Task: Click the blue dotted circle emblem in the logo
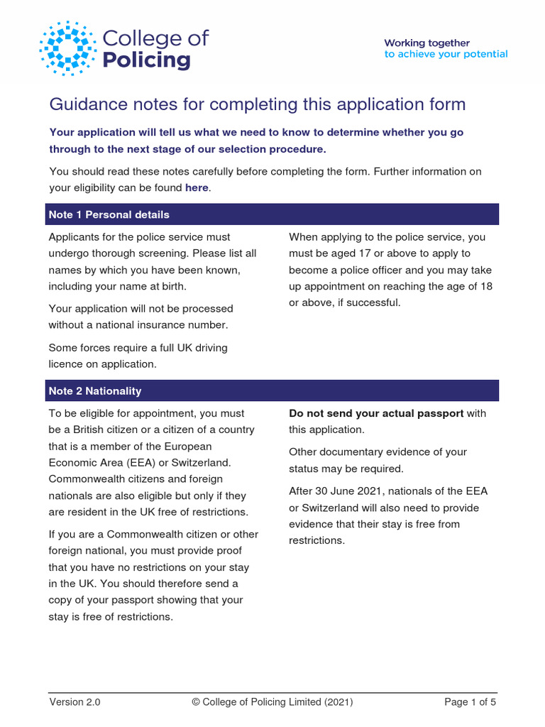click(68, 49)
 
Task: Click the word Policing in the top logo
click(147, 60)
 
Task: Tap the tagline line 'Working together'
click(427, 43)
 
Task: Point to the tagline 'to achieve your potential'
click(446, 55)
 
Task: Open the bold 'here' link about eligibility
click(197, 188)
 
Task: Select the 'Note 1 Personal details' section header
click(109, 214)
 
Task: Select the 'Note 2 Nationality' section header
click(95, 390)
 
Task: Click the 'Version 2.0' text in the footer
click(75, 702)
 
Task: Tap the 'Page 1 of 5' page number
click(470, 702)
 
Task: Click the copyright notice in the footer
click(272, 702)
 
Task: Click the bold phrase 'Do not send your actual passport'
click(376, 413)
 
